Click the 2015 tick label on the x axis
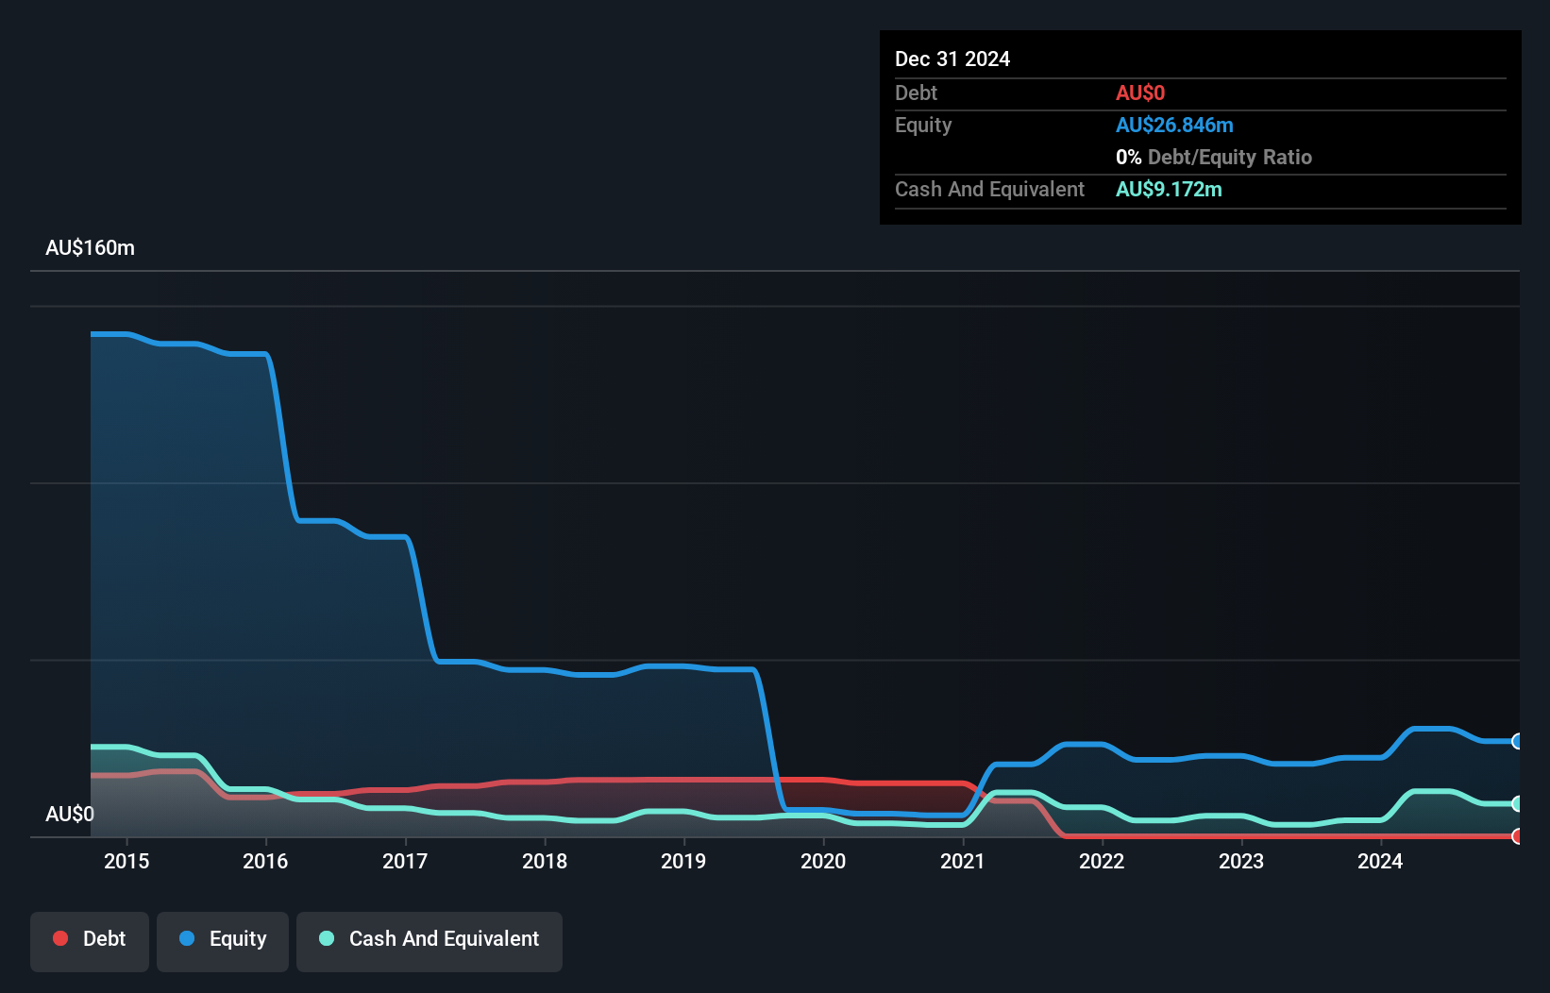click(x=126, y=861)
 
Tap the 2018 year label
click(x=545, y=861)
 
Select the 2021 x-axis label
click(x=962, y=861)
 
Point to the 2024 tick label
click(x=1380, y=861)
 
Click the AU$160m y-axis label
click(x=90, y=247)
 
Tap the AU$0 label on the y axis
click(x=70, y=814)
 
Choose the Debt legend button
click(x=90, y=939)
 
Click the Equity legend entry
click(x=223, y=939)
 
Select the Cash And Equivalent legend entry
click(x=430, y=939)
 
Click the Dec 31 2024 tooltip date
click(x=952, y=59)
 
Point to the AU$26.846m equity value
click(x=1174, y=125)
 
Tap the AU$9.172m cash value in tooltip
click(x=1169, y=189)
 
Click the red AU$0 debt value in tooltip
click(x=1140, y=93)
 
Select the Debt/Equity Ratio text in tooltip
click(x=1229, y=157)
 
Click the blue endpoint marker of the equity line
click(x=1517, y=741)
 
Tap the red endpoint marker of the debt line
click(x=1517, y=836)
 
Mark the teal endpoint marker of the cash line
click(x=1517, y=804)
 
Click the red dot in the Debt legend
click(x=60, y=938)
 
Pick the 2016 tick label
click(x=265, y=861)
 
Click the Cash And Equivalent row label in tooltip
click(x=989, y=189)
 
